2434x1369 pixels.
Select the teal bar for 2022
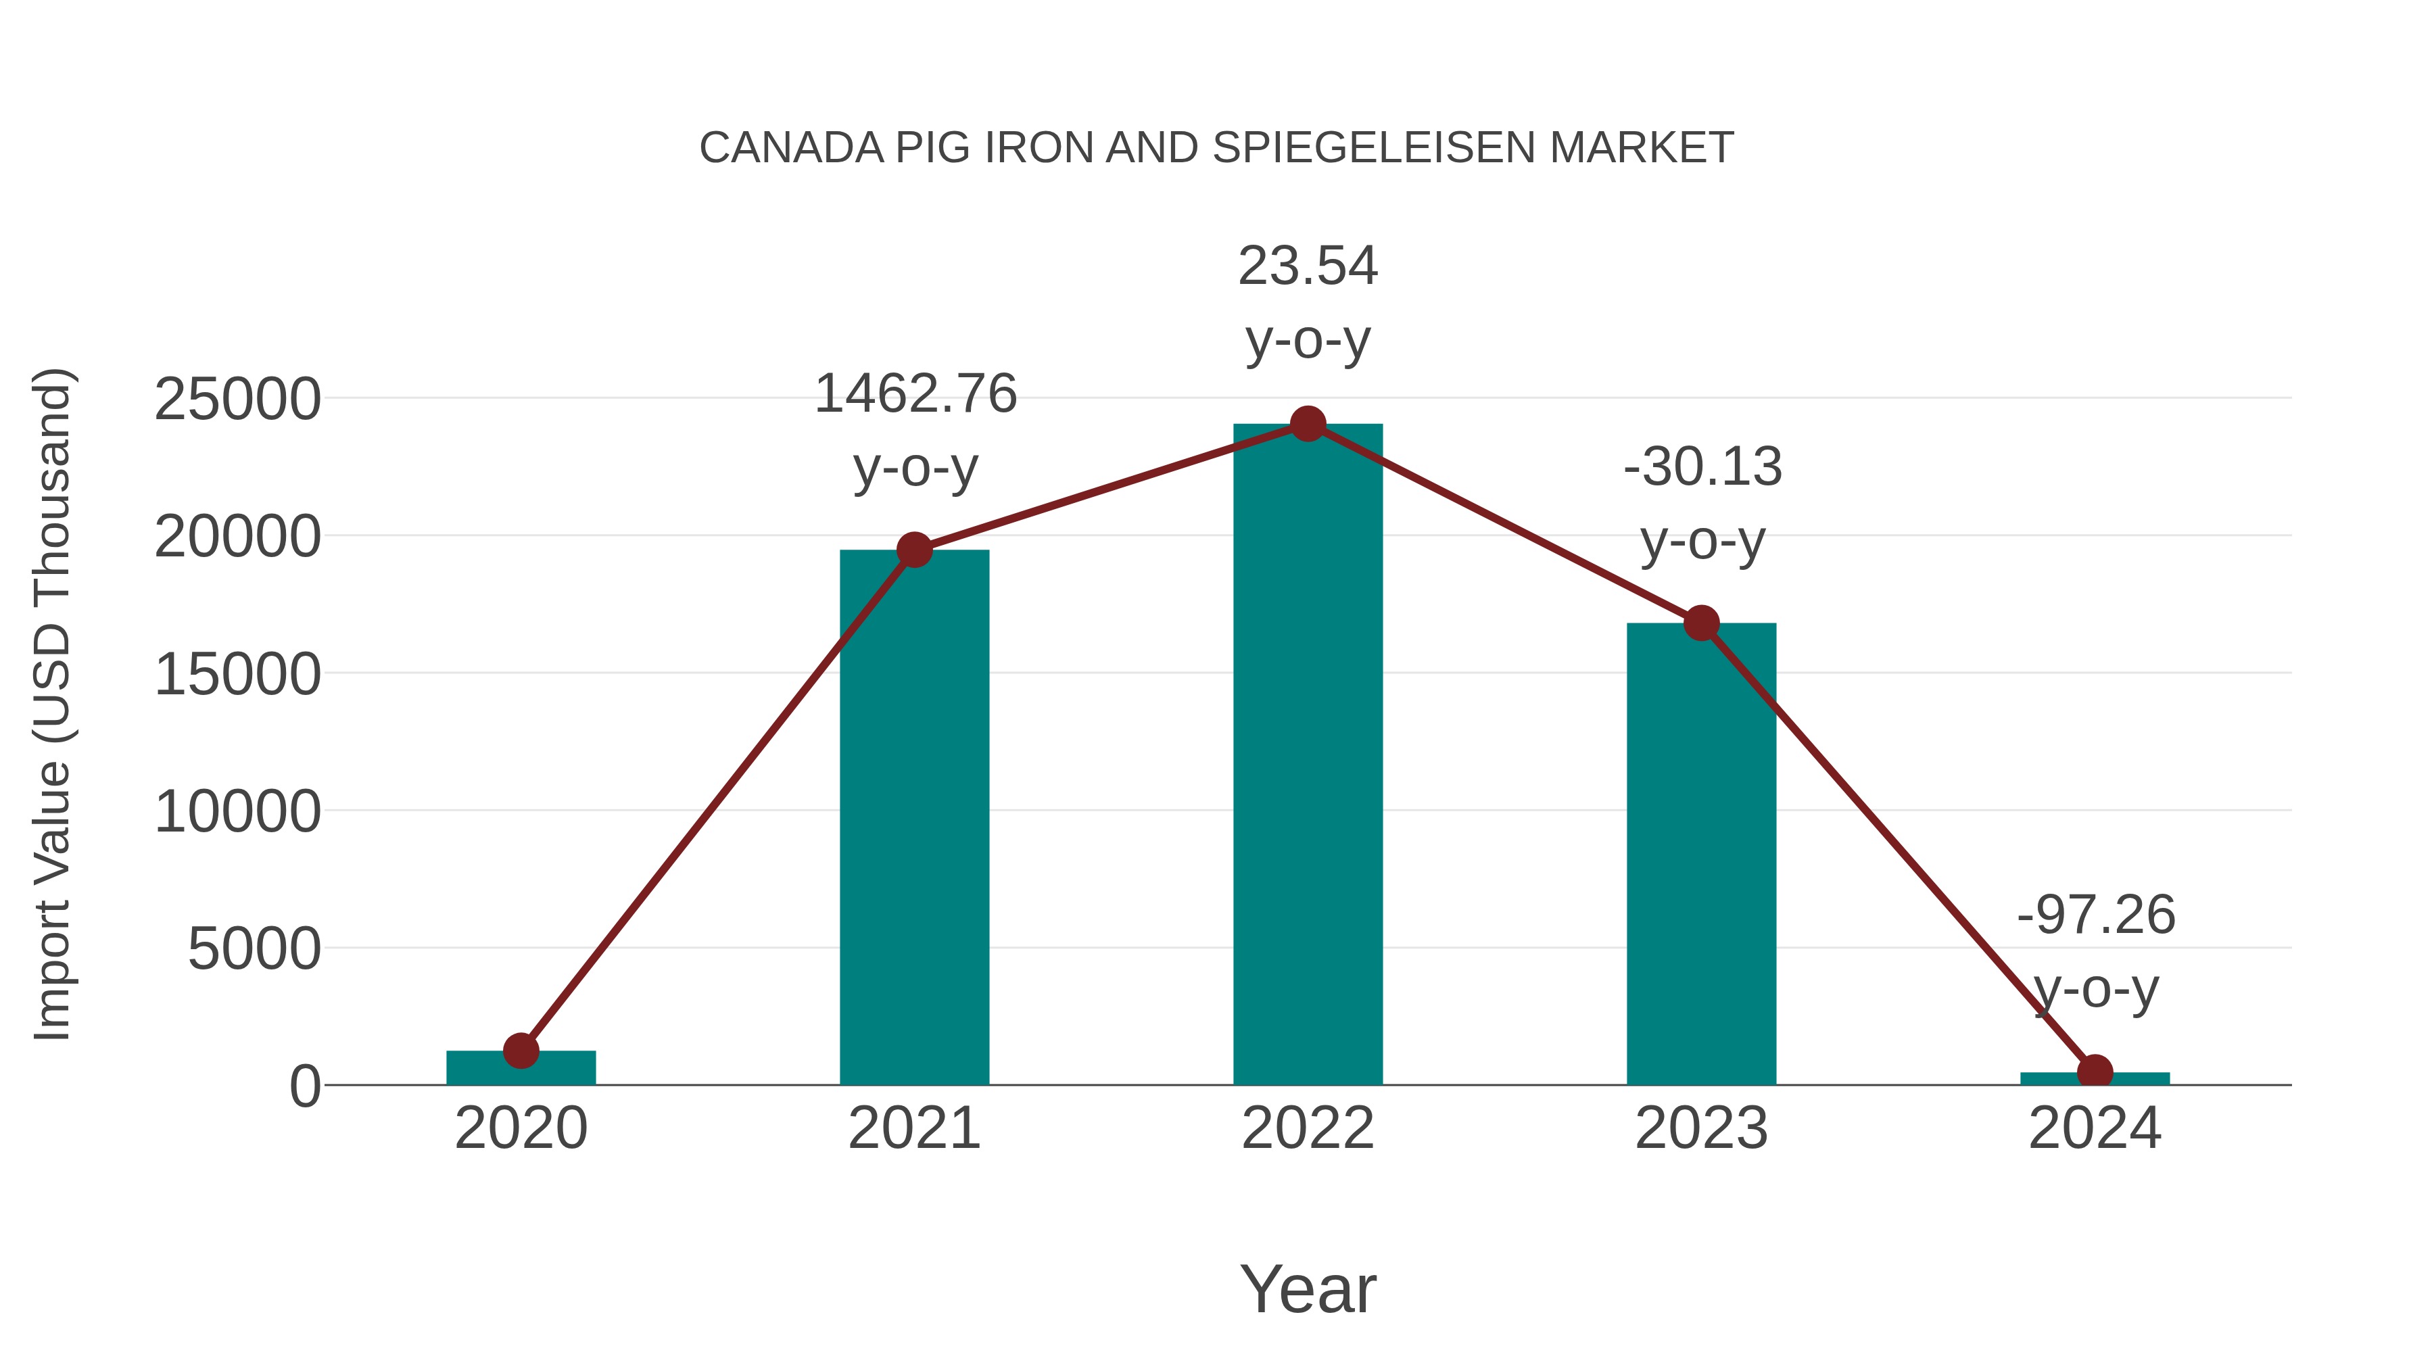pyautogui.click(x=1308, y=756)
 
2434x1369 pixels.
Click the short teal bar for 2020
pyautogui.click(x=521, y=1069)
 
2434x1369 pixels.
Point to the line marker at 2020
pyautogui.click(x=521, y=1051)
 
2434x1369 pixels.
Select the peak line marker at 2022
pyautogui.click(x=1308, y=424)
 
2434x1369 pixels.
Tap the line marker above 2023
pyautogui.click(x=1701, y=623)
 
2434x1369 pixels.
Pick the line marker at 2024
pyautogui.click(x=2095, y=1072)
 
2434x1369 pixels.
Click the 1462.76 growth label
pyautogui.click(x=915, y=394)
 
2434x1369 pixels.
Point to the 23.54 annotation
pyautogui.click(x=1308, y=266)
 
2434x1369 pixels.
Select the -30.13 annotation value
pyautogui.click(x=1702, y=468)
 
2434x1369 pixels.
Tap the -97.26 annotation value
pyautogui.click(x=2096, y=915)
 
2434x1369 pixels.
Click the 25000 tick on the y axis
pyautogui.click(x=237, y=400)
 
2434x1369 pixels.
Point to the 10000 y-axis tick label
pyautogui.click(x=237, y=813)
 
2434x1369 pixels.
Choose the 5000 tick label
pyautogui.click(x=254, y=950)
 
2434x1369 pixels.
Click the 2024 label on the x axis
pyautogui.click(x=2095, y=1129)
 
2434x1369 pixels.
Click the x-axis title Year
pyautogui.click(x=1308, y=1290)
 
